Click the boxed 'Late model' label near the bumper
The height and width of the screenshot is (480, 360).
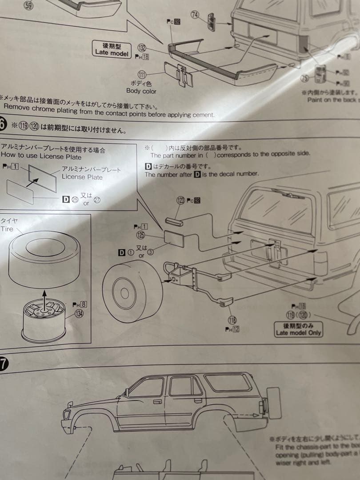[111, 49]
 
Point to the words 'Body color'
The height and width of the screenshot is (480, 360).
[141, 91]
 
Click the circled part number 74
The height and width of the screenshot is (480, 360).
[195, 15]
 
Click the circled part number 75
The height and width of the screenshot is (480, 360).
[304, 79]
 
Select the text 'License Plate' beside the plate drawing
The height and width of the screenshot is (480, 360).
[82, 177]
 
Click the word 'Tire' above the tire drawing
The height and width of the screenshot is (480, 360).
[7, 229]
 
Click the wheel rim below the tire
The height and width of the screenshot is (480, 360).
[44, 320]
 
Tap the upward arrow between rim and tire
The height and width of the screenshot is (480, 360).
[44, 296]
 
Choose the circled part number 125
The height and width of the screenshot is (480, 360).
[140, 235]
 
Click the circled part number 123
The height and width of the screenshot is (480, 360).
[180, 200]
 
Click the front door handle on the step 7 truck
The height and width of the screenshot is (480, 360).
[157, 401]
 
